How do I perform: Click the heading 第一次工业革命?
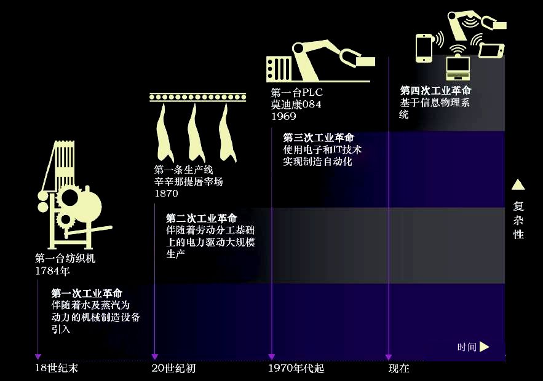(x=87, y=293)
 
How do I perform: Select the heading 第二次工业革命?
(x=201, y=218)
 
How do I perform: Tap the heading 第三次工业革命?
(x=318, y=137)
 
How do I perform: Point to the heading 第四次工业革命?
(x=435, y=91)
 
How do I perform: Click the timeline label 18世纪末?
(x=57, y=369)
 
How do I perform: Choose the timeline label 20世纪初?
(x=173, y=369)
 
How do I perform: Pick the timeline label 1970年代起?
(x=296, y=369)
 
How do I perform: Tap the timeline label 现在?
(x=398, y=369)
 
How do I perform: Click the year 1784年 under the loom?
(x=53, y=270)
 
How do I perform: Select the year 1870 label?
(x=166, y=194)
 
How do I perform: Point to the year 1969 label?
(x=283, y=116)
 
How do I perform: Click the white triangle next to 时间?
(x=485, y=347)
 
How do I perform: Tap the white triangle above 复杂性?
(x=518, y=184)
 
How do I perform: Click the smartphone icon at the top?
(x=425, y=48)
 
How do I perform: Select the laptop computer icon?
(x=458, y=66)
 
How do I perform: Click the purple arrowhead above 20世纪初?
(x=155, y=356)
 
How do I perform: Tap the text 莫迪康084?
(x=296, y=104)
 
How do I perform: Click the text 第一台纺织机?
(x=65, y=259)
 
